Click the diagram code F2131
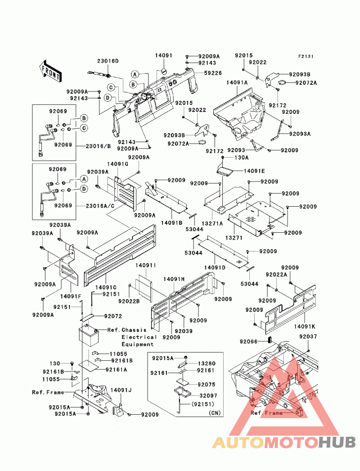306,56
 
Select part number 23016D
108,61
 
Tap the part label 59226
213,73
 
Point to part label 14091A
237,82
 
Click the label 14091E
254,171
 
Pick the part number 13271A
212,223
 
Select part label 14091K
305,326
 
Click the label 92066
248,341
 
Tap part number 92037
308,337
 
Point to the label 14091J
121,390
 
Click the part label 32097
208,396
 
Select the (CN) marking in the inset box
215,413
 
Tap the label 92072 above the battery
113,316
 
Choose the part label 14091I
146,266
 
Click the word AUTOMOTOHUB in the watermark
284,443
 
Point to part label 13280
207,363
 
